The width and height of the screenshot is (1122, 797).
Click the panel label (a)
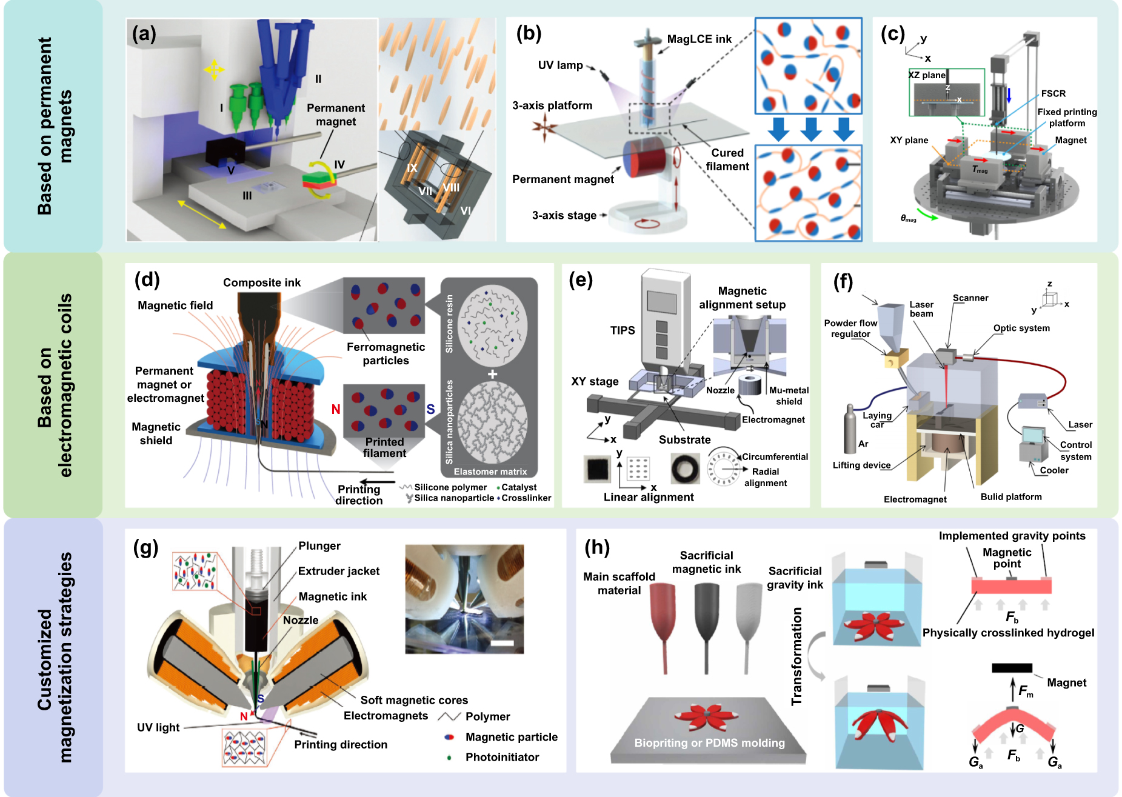coord(144,35)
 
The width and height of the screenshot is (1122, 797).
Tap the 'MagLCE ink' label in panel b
coord(699,39)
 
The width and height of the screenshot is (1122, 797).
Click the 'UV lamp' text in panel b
coord(560,65)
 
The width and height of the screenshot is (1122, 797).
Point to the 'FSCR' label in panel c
coord(1053,93)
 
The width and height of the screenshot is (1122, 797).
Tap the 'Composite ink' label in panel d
coord(261,282)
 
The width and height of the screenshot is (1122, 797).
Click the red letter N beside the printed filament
coord(335,410)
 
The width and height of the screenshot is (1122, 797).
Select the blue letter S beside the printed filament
coord(430,410)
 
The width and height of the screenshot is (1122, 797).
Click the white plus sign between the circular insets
coord(492,374)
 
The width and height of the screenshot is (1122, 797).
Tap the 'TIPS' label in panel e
coord(623,330)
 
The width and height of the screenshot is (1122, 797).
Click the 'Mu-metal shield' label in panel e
coord(789,396)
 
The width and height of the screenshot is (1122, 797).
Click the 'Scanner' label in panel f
coord(970,298)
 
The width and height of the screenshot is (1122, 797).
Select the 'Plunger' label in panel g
coord(319,546)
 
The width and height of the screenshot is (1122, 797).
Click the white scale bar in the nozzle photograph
coord(502,643)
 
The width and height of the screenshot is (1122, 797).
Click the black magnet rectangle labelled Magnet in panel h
coord(1012,668)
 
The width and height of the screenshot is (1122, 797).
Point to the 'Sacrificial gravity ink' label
coord(795,578)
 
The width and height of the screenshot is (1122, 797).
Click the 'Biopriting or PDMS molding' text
coord(709,743)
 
